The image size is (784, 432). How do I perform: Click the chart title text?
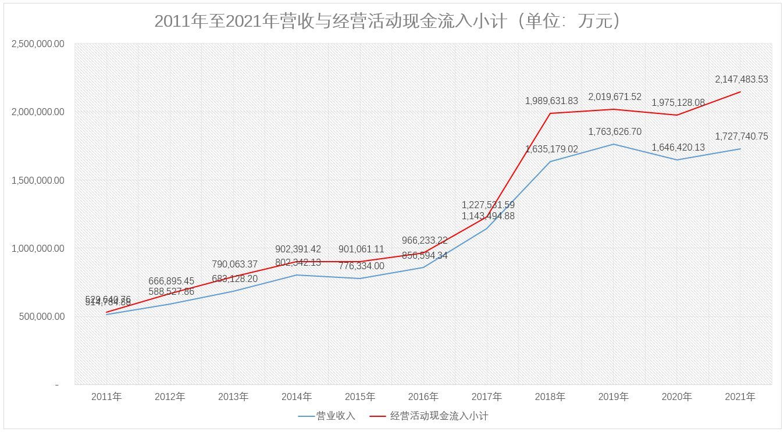pos(389,22)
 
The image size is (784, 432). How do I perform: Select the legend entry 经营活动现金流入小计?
pos(439,416)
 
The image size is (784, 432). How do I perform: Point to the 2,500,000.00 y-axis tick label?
pos(38,44)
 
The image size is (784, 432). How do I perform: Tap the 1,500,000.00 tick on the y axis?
pos(38,180)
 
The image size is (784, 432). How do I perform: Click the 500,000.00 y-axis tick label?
pos(42,316)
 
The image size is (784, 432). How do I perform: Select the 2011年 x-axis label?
pos(106,397)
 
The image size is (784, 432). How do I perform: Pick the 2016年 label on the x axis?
pos(423,397)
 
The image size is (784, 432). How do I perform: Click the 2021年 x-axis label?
pos(740,397)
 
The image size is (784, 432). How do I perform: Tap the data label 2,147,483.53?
pos(742,80)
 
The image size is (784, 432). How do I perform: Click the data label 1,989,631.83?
pos(551,101)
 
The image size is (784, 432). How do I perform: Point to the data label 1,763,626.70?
pos(615,132)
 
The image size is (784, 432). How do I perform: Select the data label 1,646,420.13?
pos(678,148)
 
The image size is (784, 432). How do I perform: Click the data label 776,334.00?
pos(361,266)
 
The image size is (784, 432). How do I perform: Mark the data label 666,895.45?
pos(171,281)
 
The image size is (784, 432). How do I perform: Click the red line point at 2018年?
pos(550,113)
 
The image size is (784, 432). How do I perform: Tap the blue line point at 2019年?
pos(614,144)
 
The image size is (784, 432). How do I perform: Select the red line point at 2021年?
pos(740,92)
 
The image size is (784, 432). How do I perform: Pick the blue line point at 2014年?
pos(297,275)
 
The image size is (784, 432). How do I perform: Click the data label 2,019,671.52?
pos(615,97)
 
